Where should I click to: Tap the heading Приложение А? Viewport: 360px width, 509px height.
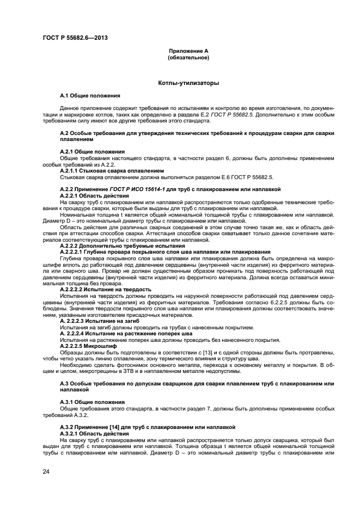click(x=188, y=51)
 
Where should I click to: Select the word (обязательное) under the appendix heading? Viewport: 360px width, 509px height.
click(x=188, y=57)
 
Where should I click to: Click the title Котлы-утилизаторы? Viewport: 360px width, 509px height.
click(x=188, y=84)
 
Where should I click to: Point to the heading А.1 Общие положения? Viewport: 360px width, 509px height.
click(x=90, y=96)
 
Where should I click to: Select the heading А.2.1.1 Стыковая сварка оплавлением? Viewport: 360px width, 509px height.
click(x=112, y=171)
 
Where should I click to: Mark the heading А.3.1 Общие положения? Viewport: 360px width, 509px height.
click(x=92, y=402)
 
